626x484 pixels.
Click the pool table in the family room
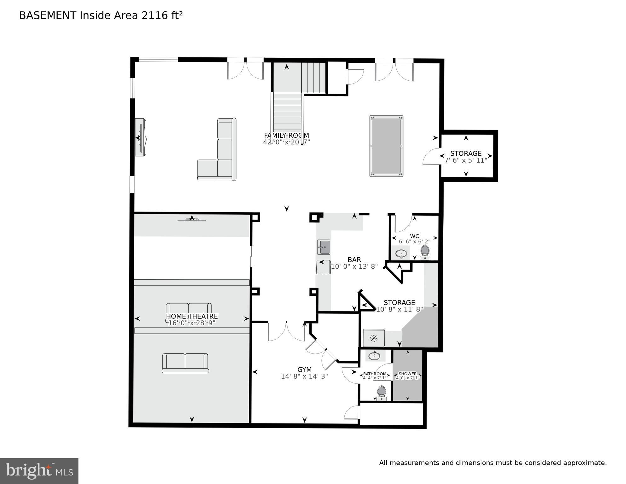coord(386,146)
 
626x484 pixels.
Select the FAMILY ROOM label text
coord(286,135)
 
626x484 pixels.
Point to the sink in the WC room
coord(401,253)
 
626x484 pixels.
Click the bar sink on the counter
coord(324,247)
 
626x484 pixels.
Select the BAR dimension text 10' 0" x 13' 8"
coord(354,266)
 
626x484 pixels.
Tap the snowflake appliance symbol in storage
coord(374,339)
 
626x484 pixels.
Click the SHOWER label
coord(407,374)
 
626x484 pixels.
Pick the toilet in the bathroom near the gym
coord(382,393)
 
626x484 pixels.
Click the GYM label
coord(304,370)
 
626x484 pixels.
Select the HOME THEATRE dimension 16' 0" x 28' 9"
coord(192,323)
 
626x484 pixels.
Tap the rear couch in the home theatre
coord(185,363)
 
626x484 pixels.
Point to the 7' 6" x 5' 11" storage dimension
coord(466,160)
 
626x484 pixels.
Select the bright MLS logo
coord(39,471)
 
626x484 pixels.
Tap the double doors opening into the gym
coord(286,331)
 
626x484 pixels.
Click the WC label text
coord(414,236)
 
